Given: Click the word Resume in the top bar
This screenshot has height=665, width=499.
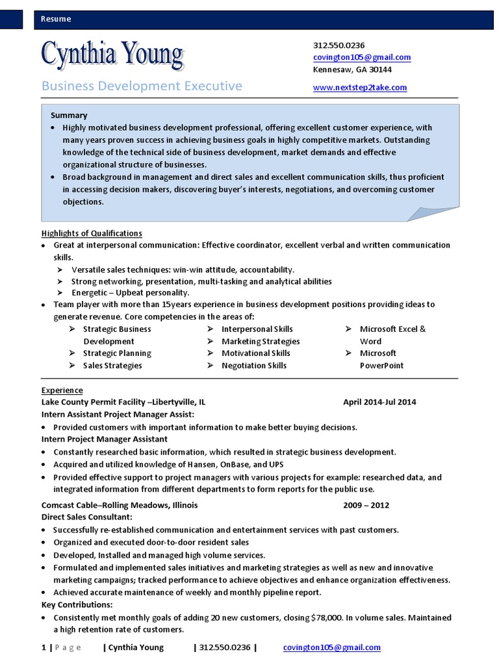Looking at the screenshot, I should [56, 19].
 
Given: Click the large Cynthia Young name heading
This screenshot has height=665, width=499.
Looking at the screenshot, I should [112, 55].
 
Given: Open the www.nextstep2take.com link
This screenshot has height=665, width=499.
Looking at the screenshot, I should [360, 87].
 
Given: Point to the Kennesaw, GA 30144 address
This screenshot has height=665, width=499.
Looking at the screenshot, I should [352, 69].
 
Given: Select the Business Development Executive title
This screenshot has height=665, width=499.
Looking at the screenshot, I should [142, 86].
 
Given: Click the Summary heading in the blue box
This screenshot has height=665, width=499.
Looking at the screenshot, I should [69, 115].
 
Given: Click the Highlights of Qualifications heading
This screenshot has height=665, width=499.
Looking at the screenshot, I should [92, 233].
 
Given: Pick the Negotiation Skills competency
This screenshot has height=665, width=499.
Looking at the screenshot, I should [253, 366].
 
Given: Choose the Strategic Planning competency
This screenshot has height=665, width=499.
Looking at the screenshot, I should [117, 353].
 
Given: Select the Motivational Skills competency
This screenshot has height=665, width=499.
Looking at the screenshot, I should [255, 353].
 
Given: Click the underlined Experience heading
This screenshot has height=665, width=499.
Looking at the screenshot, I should [62, 390].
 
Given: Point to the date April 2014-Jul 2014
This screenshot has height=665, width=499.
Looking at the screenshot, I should [379, 402].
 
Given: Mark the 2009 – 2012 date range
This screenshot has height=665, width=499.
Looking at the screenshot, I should [366, 505].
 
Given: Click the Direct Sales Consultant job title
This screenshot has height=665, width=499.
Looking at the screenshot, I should [87, 517].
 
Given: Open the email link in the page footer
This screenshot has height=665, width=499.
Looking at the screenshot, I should [332, 647].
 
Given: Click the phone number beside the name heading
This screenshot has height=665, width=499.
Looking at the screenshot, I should [339, 45].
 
